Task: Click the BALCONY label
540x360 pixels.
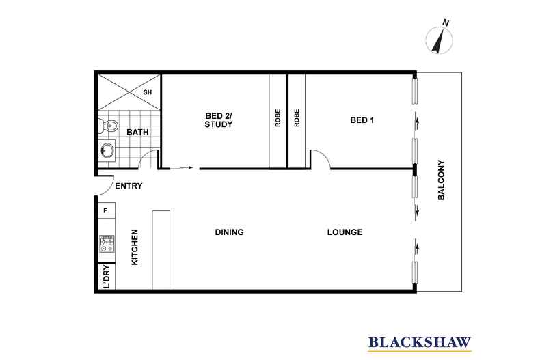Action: pos(441,180)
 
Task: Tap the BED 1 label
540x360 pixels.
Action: pos(362,120)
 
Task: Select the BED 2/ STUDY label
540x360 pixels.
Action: pos(219,120)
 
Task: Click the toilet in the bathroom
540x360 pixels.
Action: pos(109,126)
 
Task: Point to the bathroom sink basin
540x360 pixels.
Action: pos(107,150)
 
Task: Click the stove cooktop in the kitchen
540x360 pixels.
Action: pos(107,244)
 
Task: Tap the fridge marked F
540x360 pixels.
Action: pos(106,210)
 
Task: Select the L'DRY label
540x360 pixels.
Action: pos(107,277)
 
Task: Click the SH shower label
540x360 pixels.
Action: pos(148,92)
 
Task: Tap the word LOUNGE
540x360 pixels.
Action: pos(345,232)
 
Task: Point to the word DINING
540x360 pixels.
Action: pos(230,232)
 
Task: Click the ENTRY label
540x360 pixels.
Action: pos(129,186)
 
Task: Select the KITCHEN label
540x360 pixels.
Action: pos(135,247)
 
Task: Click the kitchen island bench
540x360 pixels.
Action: pos(161,250)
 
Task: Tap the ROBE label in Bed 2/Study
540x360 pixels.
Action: pos(278,117)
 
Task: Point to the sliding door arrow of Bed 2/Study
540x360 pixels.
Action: pos(181,168)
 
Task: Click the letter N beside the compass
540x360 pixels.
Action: pos(446,23)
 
